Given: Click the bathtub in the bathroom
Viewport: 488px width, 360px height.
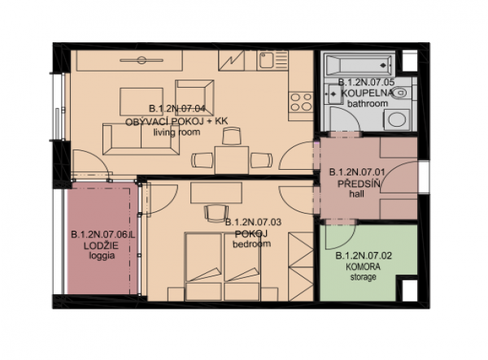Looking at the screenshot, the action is pyautogui.click(x=358, y=65).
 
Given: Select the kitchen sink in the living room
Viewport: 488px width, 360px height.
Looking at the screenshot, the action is pyautogui.click(x=266, y=60).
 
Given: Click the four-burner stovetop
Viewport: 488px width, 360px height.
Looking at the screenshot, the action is pyautogui.click(x=301, y=102).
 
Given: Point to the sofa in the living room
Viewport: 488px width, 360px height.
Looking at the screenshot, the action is pyautogui.click(x=141, y=139).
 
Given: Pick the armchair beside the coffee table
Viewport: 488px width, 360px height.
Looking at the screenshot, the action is pyautogui.click(x=194, y=98).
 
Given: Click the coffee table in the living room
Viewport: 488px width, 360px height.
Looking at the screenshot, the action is pyautogui.click(x=142, y=102).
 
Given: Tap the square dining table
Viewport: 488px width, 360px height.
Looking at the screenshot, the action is pyautogui.click(x=232, y=160).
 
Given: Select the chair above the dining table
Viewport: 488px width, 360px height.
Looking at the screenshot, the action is pyautogui.click(x=232, y=136).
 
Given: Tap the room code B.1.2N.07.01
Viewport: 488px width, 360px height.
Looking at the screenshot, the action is pyautogui.click(x=357, y=172).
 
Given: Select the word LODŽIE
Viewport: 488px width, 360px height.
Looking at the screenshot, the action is pyautogui.click(x=101, y=245).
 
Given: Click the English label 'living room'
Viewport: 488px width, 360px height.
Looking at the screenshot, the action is pyautogui.click(x=176, y=132).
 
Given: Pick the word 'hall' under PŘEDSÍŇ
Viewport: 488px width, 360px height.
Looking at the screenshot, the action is pyautogui.click(x=356, y=194).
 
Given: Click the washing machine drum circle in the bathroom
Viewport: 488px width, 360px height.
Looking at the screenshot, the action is pyautogui.click(x=397, y=120).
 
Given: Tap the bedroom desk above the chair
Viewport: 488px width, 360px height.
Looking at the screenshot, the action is pyautogui.click(x=216, y=193).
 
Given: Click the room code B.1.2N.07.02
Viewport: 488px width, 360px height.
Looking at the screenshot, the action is pyautogui.click(x=364, y=256).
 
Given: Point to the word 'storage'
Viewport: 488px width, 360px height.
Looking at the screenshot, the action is pyautogui.click(x=364, y=276).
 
